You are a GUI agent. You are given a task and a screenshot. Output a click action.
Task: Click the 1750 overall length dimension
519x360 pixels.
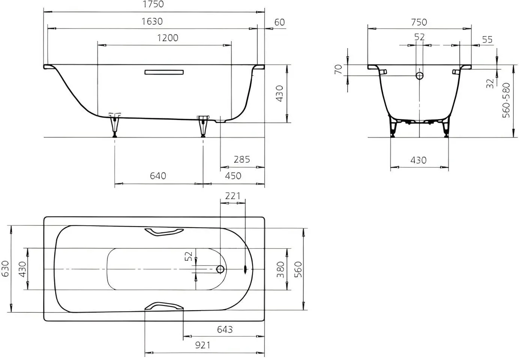[153, 4]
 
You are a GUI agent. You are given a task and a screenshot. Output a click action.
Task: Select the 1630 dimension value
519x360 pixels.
[152, 21]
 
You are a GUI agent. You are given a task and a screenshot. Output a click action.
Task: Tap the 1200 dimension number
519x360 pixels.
[168, 38]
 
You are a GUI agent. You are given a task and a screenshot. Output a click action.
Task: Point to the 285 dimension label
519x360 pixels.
[241, 159]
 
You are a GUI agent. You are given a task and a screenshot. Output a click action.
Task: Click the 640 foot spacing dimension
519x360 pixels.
[158, 176]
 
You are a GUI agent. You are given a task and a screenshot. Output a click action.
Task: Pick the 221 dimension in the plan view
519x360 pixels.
[232, 196]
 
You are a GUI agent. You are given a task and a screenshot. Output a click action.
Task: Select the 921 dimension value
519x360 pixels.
[203, 345]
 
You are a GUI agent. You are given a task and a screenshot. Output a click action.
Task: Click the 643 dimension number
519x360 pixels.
[225, 329]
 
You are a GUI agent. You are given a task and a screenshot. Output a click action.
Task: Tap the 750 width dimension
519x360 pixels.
[419, 22]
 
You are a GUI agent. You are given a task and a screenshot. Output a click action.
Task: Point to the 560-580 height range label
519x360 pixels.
[506, 100]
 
